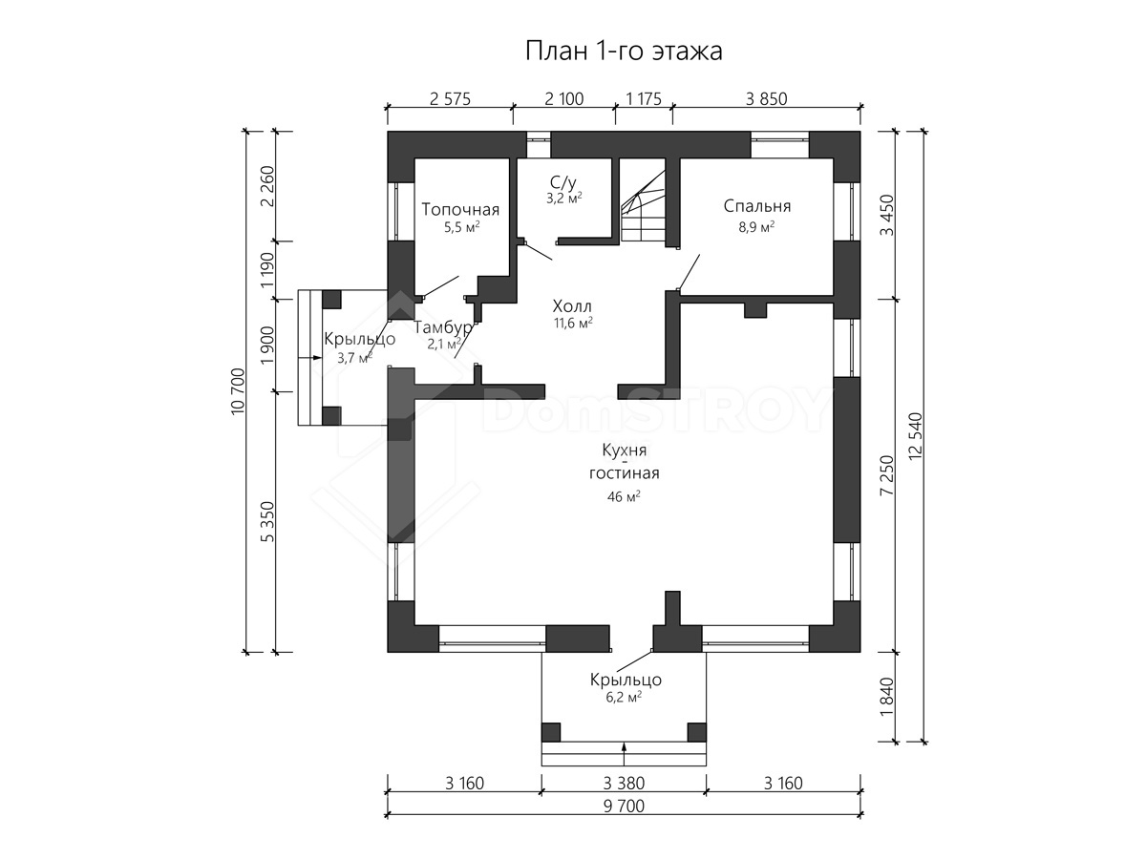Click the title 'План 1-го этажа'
pos(624,52)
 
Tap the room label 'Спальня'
pos(757,206)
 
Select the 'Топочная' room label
pos(460,209)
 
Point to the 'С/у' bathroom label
pos(563,182)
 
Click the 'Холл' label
pos(572,305)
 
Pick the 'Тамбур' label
pos(443,327)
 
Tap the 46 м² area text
pos(624,496)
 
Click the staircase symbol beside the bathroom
pos(643,206)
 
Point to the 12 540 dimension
pos(916,436)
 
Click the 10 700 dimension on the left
pos(238,391)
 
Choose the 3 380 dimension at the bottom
pos(624,783)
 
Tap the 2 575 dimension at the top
pos(450,98)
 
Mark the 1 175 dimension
pos(644,98)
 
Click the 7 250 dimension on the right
pos(887,475)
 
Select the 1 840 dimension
pos(887,697)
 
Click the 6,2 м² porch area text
pos(624,697)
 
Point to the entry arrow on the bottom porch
pos(624,748)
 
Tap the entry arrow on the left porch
pos(309,357)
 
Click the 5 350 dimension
pos(267,521)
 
